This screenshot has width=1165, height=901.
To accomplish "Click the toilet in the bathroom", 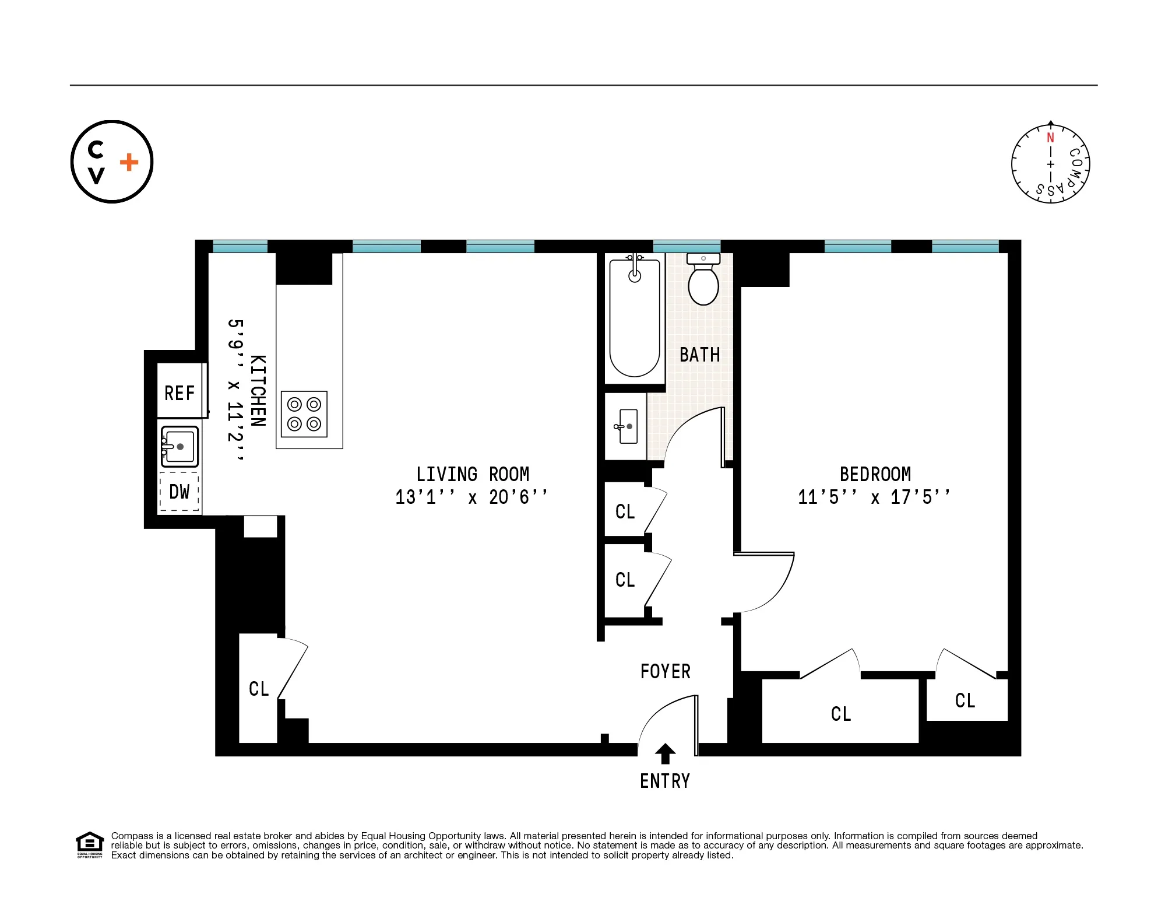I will (x=703, y=283).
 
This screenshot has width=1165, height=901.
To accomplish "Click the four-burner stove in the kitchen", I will (x=304, y=414).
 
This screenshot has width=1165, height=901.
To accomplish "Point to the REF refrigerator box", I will (x=179, y=392).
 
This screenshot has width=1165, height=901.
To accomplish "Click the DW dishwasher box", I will (x=179, y=492).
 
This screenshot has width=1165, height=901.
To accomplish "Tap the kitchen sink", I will (x=179, y=447).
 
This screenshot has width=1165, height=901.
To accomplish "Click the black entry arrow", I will (x=665, y=753).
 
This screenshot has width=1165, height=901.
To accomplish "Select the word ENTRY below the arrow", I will (x=665, y=781).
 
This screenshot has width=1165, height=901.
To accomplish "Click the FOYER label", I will (x=665, y=671).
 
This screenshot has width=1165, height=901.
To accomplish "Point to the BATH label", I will (x=699, y=355).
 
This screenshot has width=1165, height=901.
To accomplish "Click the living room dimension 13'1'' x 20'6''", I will (x=471, y=497).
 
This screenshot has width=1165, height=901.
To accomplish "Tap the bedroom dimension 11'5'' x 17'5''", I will (x=874, y=497).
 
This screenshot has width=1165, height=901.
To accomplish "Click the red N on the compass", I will (x=1050, y=138).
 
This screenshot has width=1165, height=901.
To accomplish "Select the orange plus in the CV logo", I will (x=129, y=162).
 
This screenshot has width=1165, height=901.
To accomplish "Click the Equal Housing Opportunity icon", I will (x=89, y=843).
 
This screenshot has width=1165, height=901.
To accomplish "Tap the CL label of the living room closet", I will (x=259, y=689).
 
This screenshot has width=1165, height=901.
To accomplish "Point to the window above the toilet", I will (x=687, y=246).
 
